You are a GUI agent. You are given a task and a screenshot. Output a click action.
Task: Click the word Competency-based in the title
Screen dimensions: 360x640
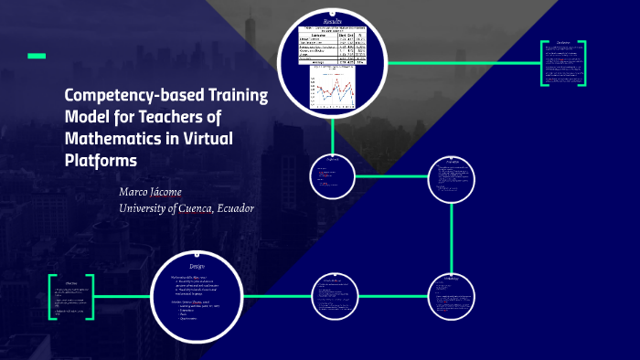tap(123, 96)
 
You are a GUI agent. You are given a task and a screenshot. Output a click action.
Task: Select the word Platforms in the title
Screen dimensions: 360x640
tap(101, 159)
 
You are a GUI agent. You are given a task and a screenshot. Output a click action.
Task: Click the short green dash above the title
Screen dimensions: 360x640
tap(36, 57)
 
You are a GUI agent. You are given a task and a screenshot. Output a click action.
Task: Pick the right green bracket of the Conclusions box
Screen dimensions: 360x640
tap(585, 64)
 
